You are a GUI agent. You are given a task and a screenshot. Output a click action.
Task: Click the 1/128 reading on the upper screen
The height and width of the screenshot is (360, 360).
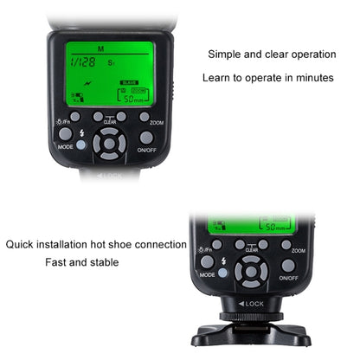[84, 62]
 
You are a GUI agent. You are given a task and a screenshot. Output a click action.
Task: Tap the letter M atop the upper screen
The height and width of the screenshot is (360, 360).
[101, 48]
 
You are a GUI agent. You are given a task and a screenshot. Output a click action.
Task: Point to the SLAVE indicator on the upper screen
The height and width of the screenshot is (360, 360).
[128, 83]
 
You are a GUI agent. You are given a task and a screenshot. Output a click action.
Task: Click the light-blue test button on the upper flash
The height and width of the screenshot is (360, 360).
[80, 145]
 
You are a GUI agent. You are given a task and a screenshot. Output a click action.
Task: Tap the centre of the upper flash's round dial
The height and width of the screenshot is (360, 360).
[110, 144]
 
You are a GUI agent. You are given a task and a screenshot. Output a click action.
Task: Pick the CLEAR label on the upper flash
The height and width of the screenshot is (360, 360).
[110, 122]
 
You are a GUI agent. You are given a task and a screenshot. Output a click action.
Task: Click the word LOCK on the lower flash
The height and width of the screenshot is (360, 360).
[254, 305]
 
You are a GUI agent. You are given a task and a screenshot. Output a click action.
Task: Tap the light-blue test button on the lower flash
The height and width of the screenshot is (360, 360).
[223, 273]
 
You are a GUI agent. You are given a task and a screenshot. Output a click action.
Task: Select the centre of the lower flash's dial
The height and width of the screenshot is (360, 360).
[251, 272]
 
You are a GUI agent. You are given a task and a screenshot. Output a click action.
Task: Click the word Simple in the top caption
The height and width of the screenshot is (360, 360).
[224, 55]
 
